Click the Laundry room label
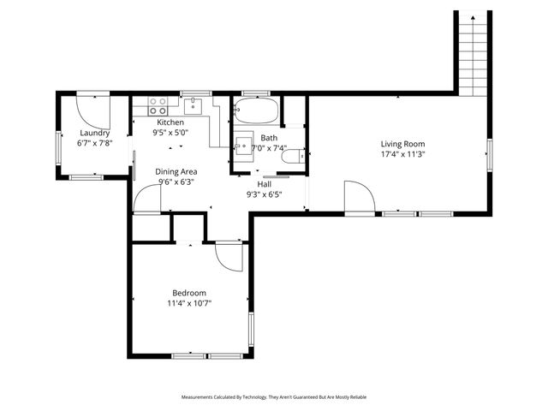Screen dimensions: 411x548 click(93, 133)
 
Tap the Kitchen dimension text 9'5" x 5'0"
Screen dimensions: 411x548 click(170, 133)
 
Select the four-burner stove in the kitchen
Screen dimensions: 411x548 click(158, 106)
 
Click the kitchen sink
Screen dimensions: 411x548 click(193, 105)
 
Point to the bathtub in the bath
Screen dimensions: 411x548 click(255, 111)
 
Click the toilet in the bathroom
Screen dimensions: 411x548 click(293, 157)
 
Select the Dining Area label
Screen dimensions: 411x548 click(176, 171)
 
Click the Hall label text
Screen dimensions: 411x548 click(265, 183)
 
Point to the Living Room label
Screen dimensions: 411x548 click(402, 144)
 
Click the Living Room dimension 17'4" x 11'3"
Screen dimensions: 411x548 click(402, 155)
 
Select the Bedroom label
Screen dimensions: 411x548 click(189, 292)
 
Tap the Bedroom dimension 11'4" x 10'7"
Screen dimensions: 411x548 click(189, 303)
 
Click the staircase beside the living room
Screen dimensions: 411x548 click(473, 51)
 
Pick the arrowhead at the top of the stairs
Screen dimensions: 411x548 click(473, 15)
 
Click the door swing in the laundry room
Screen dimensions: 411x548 click(88, 110)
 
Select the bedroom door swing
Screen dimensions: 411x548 click(227, 258)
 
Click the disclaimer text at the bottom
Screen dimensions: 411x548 click(274, 397)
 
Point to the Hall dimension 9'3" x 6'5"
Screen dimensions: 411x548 click(265, 194)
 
